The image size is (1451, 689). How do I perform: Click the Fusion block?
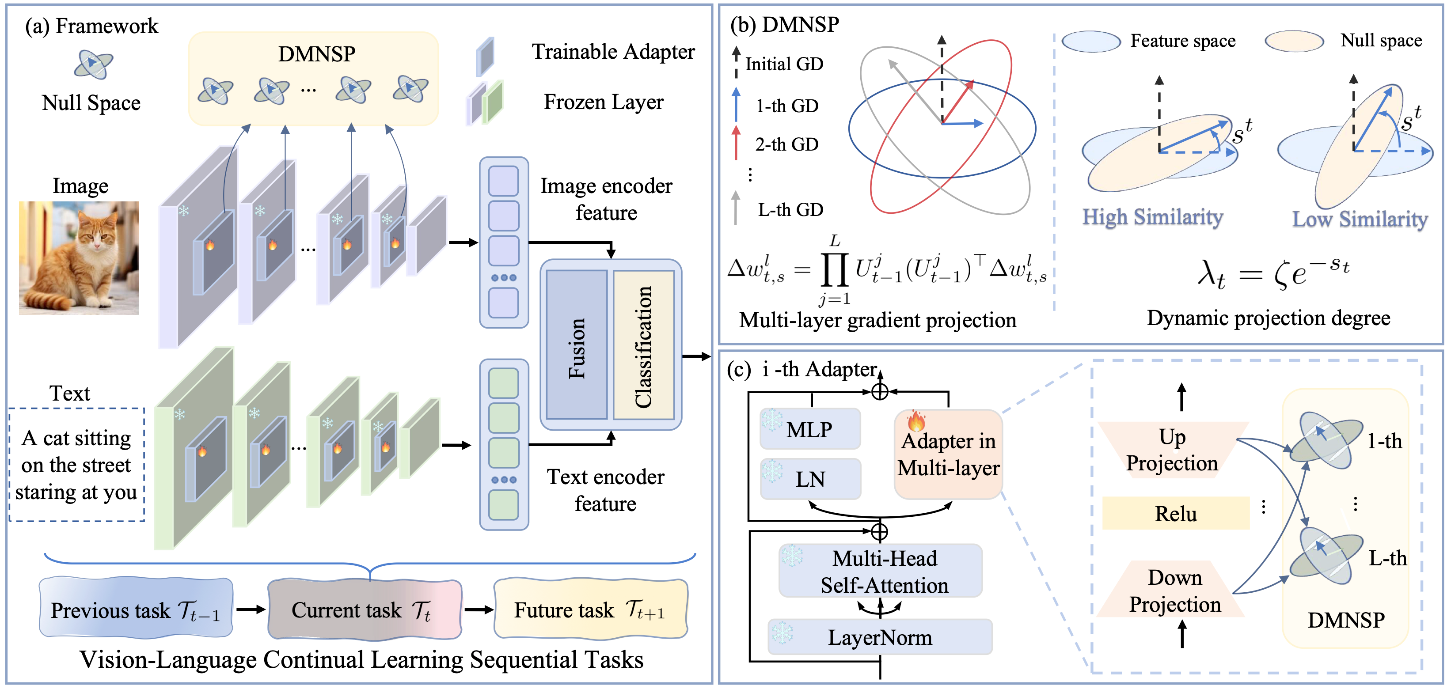tap(576, 345)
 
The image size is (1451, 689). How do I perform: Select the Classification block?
tap(643, 345)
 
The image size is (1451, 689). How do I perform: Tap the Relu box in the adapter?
tap(1176, 513)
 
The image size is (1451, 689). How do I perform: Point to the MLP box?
tap(809, 429)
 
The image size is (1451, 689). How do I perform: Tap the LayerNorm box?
tap(879, 636)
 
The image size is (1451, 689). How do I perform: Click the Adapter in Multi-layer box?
tap(948, 454)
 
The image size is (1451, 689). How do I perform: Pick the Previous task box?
tap(136, 609)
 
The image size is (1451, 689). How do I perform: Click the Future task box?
tap(590, 609)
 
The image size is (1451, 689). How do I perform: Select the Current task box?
tap(365, 609)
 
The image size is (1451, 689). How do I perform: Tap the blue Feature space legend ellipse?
tap(1090, 41)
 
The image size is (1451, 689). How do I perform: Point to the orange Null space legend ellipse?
tap(1294, 41)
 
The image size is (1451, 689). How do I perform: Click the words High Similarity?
tap(1152, 217)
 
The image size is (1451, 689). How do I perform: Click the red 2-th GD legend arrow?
tap(736, 143)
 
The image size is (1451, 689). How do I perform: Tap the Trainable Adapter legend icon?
tap(485, 56)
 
